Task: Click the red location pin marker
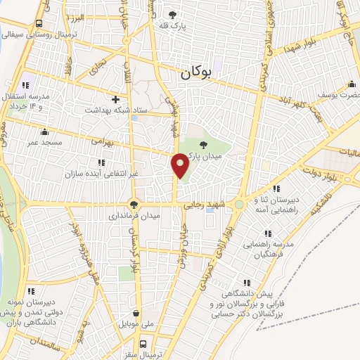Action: coord(180,166)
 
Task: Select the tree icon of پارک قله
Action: coord(173,14)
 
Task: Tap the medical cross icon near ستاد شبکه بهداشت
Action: coord(115,99)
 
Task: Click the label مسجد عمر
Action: coord(44,142)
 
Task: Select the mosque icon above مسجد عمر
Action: coord(45,131)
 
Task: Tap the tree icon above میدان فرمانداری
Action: coord(134,205)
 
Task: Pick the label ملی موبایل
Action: coord(138,326)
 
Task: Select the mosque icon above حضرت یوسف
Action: coord(352,83)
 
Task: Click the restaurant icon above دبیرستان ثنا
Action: coord(276,188)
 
